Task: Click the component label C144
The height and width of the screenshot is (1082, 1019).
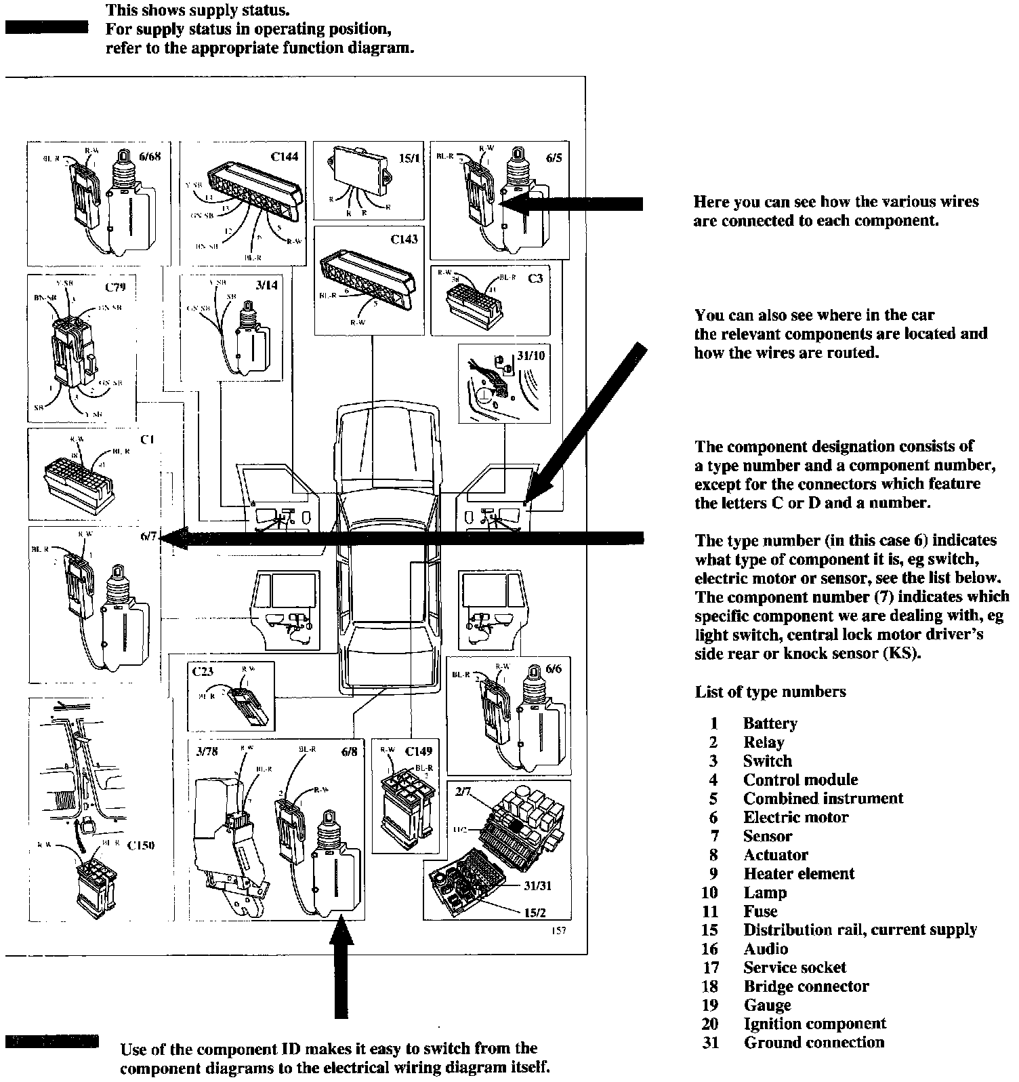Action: (284, 157)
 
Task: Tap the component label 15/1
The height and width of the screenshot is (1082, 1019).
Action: (409, 159)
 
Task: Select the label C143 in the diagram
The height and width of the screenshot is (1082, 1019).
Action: (404, 239)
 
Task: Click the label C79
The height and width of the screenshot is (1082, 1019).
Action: (115, 287)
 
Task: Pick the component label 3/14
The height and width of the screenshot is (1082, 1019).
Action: (266, 285)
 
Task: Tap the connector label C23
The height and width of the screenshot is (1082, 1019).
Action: (203, 672)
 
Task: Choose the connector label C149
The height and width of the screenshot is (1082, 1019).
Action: (418, 751)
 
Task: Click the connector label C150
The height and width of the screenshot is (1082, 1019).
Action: (141, 845)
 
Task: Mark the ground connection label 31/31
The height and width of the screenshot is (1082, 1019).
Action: (536, 886)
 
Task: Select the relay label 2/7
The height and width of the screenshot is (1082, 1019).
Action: (463, 791)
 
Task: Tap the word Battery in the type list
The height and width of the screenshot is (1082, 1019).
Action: (770, 723)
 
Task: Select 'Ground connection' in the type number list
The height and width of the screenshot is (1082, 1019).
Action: (814, 1043)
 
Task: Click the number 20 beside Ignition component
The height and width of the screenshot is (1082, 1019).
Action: (709, 1024)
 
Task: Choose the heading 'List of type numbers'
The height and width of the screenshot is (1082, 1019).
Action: (770, 692)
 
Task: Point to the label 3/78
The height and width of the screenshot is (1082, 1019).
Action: (206, 751)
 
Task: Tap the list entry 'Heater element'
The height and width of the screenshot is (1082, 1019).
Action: (799, 874)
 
